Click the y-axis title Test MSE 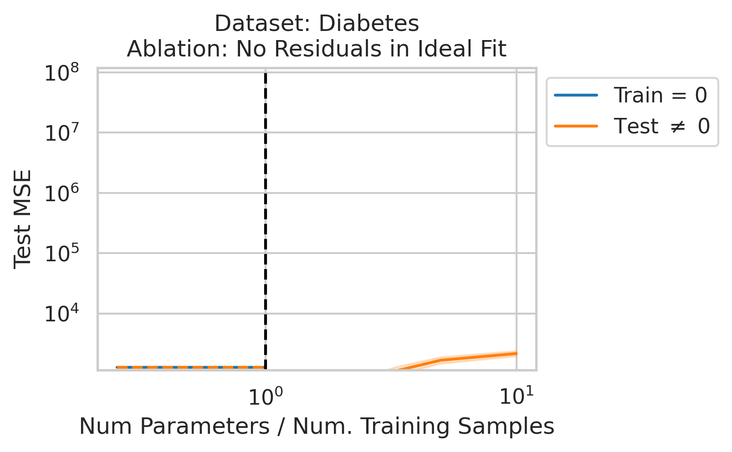(x=22, y=219)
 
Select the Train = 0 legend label (x=660, y=96)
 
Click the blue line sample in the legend (x=576, y=96)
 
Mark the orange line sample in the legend (x=576, y=126)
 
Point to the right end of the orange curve (x=516, y=353)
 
